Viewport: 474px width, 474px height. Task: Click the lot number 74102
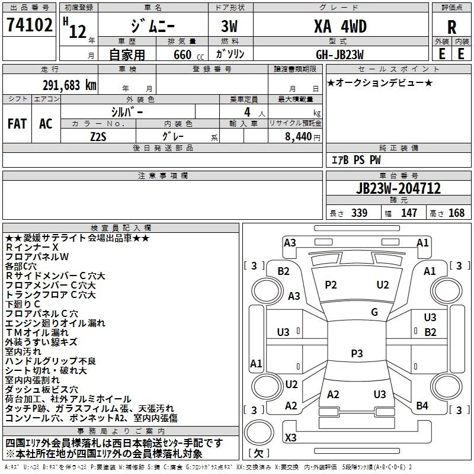(30, 25)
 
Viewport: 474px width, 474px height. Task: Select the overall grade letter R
(451, 27)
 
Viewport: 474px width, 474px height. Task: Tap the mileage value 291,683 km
(69, 85)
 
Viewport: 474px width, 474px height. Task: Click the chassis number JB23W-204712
(398, 188)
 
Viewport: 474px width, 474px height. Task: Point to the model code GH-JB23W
(340, 55)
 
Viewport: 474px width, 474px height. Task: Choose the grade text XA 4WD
(340, 26)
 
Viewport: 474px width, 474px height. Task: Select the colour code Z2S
(98, 137)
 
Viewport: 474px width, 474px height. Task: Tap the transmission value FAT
(17, 124)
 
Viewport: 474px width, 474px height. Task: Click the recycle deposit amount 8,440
(298, 137)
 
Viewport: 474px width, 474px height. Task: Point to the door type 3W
(229, 26)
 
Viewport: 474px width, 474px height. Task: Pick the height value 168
(456, 213)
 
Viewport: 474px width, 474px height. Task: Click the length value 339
(359, 213)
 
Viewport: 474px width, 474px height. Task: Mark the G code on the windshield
(374, 312)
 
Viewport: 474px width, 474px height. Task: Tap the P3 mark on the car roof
(357, 353)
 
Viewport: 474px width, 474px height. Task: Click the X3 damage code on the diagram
(290, 437)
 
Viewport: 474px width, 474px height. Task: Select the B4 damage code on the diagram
(422, 406)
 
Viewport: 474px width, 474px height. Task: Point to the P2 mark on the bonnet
(331, 285)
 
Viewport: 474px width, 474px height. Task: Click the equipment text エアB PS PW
(356, 160)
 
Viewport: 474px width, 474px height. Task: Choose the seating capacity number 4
(247, 112)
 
